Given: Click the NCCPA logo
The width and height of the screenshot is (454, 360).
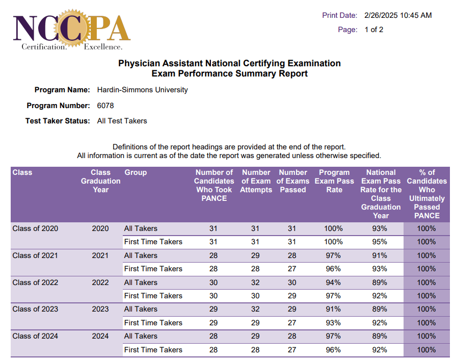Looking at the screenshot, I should click(72, 31).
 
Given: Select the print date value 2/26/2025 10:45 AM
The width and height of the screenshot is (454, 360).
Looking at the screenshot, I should click(398, 15).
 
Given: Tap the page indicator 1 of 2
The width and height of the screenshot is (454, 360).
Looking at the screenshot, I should click(374, 30).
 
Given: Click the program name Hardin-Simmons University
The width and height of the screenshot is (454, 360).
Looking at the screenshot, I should click(142, 90).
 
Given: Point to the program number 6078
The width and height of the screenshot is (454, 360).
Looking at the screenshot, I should click(105, 106).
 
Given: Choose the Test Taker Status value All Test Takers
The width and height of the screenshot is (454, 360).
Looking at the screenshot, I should click(122, 121).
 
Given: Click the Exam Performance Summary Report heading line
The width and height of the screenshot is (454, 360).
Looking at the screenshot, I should click(229, 73).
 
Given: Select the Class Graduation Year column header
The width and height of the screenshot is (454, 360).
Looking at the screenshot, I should click(100, 181).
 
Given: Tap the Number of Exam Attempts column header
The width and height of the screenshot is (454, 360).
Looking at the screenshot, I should click(256, 181).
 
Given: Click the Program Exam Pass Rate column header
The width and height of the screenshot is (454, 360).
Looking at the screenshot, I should click(334, 181).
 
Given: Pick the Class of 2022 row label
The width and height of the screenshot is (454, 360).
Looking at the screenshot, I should click(35, 282).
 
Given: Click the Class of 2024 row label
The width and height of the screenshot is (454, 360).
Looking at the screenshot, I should click(35, 336).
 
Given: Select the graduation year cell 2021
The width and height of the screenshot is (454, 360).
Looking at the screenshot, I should click(100, 255).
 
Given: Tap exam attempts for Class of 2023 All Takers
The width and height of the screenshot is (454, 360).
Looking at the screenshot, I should click(255, 309).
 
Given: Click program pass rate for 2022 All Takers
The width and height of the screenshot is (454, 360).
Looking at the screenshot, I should click(334, 282).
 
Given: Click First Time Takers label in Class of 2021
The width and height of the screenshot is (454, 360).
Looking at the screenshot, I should click(153, 269).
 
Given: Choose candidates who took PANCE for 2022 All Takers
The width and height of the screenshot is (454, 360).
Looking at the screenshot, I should click(213, 282).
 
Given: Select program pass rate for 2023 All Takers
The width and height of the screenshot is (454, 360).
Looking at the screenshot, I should click(334, 309).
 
